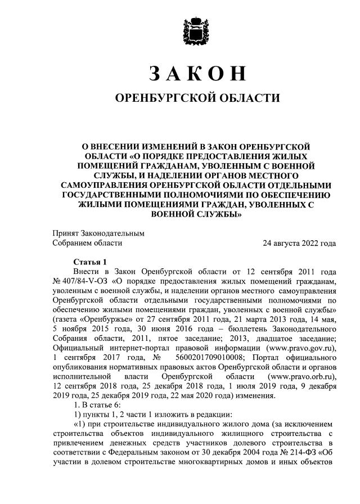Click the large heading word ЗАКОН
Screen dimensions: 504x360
pos(197,74)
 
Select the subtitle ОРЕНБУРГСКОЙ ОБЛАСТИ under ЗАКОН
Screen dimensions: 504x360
pos(197,98)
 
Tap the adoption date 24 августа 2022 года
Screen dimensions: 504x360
pos(299,244)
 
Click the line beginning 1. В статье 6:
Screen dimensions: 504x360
pos(97,405)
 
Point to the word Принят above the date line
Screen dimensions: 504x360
pos(66,233)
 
